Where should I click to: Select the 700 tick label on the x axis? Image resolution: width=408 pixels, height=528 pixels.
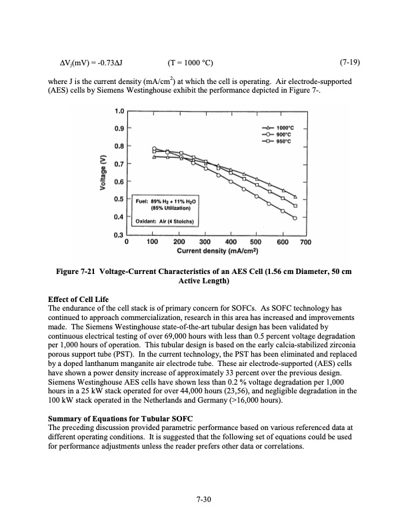pyautogui.click(x=306, y=242)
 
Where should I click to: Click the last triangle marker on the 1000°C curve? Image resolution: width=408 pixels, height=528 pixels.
pyautogui.click(x=295, y=197)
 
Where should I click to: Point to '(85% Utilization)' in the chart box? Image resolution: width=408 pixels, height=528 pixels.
pyautogui.click(x=167, y=207)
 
